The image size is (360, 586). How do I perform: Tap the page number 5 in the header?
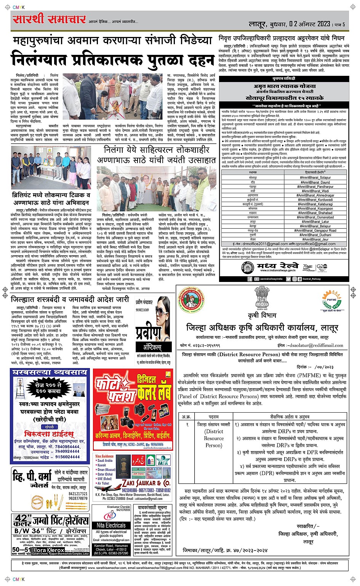click(x=343, y=24)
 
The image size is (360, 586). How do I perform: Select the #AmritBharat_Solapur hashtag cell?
click(x=315, y=178)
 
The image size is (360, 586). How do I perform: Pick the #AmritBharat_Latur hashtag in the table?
click(x=315, y=221)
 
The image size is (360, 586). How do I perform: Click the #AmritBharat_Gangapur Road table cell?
click(x=315, y=231)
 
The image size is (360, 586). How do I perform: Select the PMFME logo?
click(x=330, y=299)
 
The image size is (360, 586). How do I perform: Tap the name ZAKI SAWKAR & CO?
click(x=146, y=483)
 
